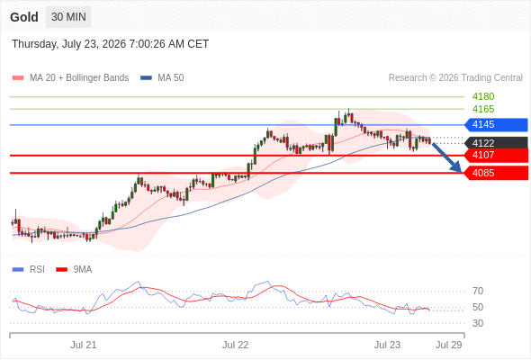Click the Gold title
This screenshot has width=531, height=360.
[x=24, y=17]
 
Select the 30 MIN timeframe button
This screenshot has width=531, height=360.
[x=68, y=17]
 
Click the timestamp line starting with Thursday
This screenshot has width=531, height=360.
[x=111, y=44]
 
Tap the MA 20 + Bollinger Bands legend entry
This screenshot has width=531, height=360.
[x=70, y=78]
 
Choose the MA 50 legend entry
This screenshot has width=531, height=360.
[x=162, y=78]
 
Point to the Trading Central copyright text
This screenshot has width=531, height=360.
[x=455, y=78]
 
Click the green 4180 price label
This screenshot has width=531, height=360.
[x=483, y=97]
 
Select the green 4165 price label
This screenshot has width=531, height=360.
[x=483, y=109]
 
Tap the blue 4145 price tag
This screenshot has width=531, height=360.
[x=496, y=124]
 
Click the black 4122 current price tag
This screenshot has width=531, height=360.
[x=496, y=143]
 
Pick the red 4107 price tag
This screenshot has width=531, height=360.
[x=496, y=155]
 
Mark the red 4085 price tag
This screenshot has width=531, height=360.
[x=496, y=173]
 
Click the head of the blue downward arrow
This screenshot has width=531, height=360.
[x=461, y=171]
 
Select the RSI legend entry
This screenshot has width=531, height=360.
[x=29, y=270]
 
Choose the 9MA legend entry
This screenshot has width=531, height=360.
[x=74, y=270]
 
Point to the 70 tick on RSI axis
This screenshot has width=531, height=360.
[x=478, y=291]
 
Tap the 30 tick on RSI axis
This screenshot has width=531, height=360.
[x=478, y=323]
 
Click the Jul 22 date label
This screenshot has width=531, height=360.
[x=236, y=345]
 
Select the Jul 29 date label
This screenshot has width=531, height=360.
[x=449, y=345]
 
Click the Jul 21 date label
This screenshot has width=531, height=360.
[x=84, y=345]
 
